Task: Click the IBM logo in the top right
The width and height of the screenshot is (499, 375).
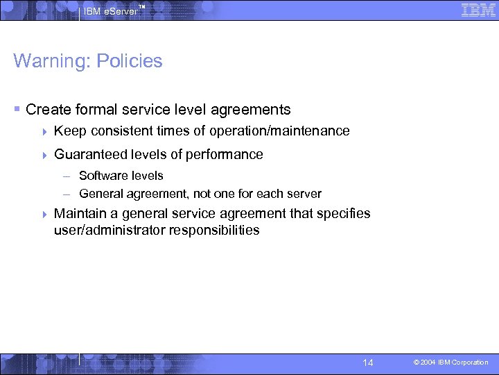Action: coord(478,10)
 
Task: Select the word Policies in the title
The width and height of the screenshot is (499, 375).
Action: coord(130,61)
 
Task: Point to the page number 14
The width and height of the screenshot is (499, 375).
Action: coord(368,362)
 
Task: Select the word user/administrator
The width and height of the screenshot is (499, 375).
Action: coord(110,230)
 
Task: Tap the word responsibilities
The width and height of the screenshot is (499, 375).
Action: coord(214,230)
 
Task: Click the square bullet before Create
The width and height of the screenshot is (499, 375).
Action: coord(17,110)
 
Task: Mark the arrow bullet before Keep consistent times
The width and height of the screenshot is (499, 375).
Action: coord(45,131)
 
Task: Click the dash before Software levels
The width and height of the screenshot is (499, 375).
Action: coord(69,176)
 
